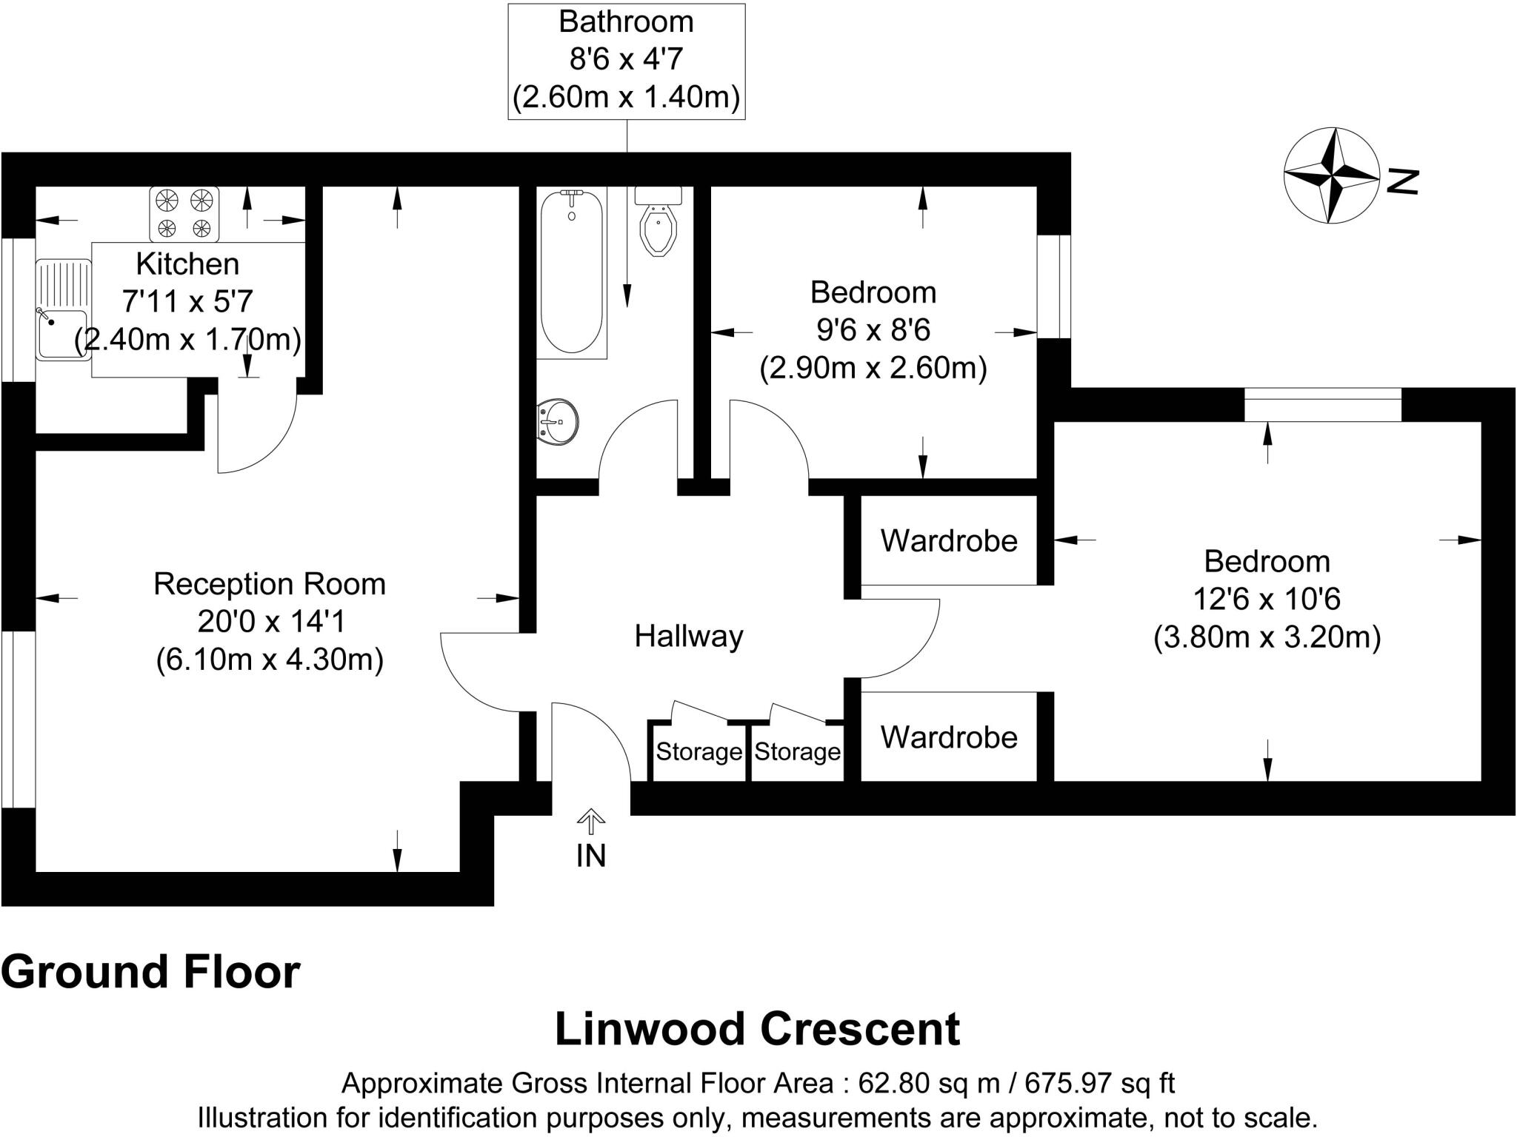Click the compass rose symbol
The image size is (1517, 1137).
pos(1331,175)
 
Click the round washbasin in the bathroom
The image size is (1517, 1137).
pos(557,423)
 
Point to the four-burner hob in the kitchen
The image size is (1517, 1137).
pos(184,213)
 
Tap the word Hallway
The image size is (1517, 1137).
pos(688,636)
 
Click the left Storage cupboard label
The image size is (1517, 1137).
pos(699,751)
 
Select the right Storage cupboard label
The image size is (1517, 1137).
pos(797,751)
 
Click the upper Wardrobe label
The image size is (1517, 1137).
pos(949,541)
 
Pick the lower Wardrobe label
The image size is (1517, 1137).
pos(949,737)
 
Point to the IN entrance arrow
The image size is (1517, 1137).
pos(590,822)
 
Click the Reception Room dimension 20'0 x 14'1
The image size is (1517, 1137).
pos(271,622)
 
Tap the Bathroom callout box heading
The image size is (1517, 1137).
pos(626,22)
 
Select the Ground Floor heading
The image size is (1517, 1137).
pos(150,972)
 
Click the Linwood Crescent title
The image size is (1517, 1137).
pos(757,1029)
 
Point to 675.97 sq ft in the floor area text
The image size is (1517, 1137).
pos(1099,1083)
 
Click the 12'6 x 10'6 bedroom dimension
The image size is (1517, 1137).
pos(1267,599)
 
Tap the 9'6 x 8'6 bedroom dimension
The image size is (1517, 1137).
pos(873,330)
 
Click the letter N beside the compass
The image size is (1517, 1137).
pos(1402,181)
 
